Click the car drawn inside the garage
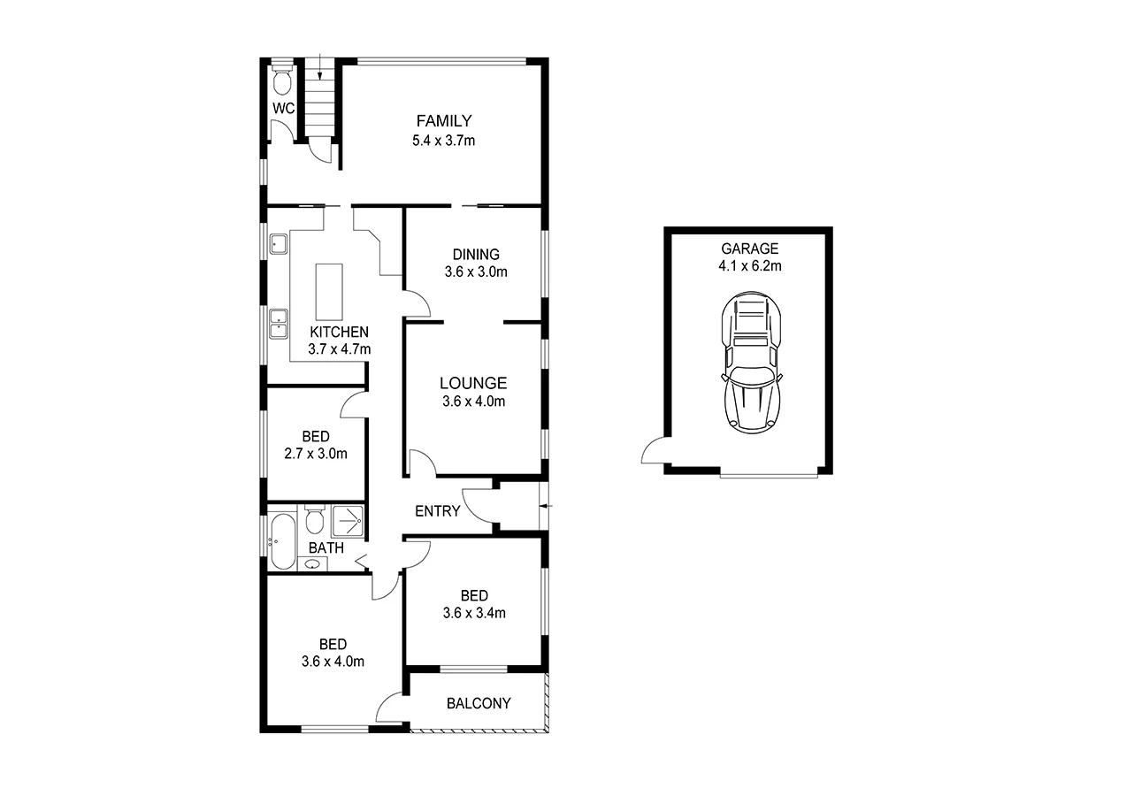click(x=751, y=362)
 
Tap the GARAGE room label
click(x=750, y=249)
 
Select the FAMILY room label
click(x=444, y=121)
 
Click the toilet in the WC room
click(x=282, y=82)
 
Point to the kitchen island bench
click(x=329, y=293)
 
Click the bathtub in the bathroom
click(x=283, y=540)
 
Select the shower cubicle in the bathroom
click(x=347, y=521)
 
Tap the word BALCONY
click(x=479, y=704)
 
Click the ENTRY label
click(x=437, y=511)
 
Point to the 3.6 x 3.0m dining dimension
click(x=476, y=272)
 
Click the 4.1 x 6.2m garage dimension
click(x=750, y=265)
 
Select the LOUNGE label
click(x=473, y=383)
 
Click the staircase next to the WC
click(x=319, y=97)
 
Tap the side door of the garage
click(x=654, y=453)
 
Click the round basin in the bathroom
click(x=312, y=563)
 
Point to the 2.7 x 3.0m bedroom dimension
click(x=316, y=454)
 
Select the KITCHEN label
click(x=339, y=332)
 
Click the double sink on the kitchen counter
click(x=279, y=323)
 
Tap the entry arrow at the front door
click(x=548, y=506)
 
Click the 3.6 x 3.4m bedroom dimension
click(x=475, y=612)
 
